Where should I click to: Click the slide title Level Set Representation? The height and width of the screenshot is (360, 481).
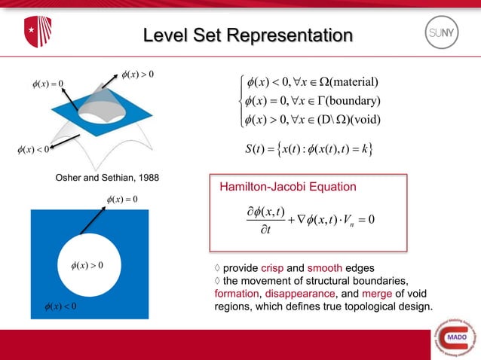(x=248, y=35)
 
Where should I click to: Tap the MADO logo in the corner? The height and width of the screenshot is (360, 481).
(x=453, y=335)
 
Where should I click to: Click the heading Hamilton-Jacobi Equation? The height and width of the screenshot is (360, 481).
(x=288, y=187)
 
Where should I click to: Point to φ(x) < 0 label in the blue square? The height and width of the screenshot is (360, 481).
(x=60, y=306)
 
